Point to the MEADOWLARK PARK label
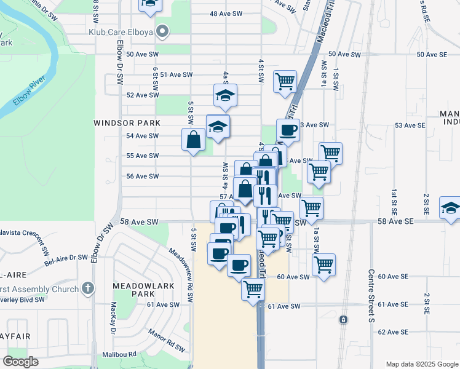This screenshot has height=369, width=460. [133, 290]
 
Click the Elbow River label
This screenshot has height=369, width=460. [28, 92]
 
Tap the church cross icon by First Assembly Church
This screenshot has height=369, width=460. [88, 288]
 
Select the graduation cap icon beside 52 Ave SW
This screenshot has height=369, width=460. [226, 95]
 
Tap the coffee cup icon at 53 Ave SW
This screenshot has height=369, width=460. [288, 130]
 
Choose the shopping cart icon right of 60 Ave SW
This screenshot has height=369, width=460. [323, 265]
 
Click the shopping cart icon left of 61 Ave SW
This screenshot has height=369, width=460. [253, 288]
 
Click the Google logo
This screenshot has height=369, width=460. [21, 362]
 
